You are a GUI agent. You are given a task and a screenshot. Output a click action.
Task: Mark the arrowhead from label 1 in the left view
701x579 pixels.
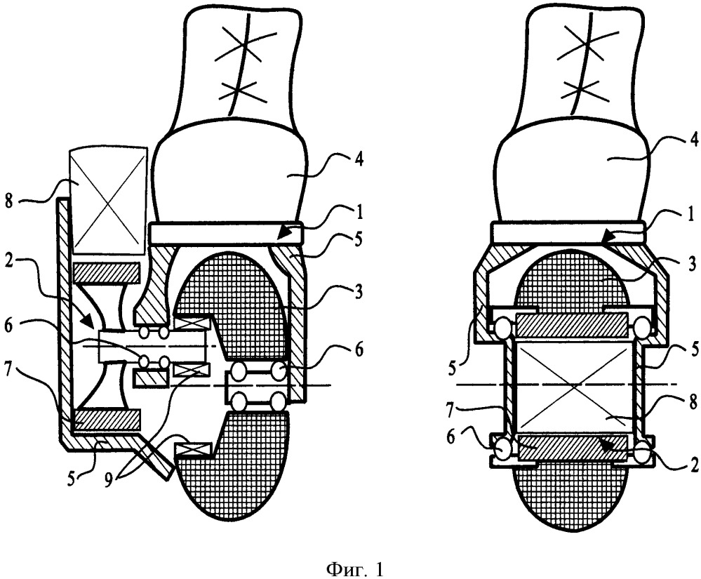point(288,238)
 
